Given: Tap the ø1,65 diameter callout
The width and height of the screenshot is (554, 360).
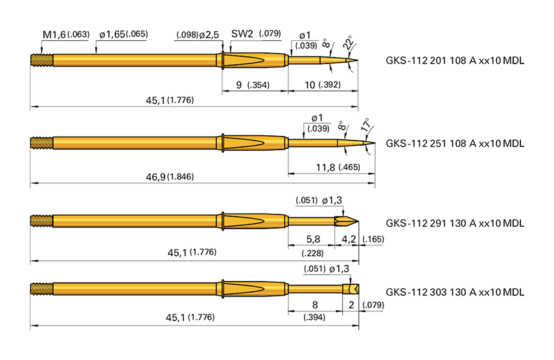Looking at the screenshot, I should coord(112,34).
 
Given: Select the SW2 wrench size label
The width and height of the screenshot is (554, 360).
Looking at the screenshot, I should coord(242,34).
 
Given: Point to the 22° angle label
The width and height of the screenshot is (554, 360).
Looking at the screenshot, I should coord(348,43).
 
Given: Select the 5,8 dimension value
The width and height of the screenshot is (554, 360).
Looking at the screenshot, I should coord(314,240).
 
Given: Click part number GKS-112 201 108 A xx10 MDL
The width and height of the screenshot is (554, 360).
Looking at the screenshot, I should coord(454,61).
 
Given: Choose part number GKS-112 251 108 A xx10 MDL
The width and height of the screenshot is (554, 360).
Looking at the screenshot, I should coord(454,142).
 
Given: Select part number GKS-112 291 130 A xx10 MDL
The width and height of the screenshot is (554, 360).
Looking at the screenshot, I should coord(454,223).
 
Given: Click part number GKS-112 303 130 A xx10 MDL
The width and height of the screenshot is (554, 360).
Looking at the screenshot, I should coord(454,292).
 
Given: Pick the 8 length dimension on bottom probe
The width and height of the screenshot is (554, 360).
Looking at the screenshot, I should coord(314,305).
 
